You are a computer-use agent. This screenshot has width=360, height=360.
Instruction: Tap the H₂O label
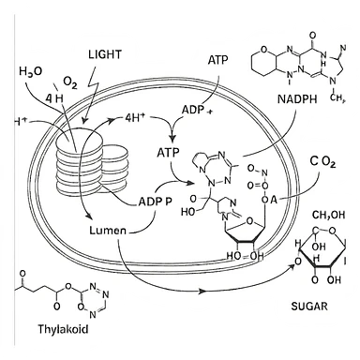click(31, 72)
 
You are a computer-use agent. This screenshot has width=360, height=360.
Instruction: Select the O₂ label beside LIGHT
click(69, 82)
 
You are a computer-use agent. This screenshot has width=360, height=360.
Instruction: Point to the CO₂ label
click(322, 162)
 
